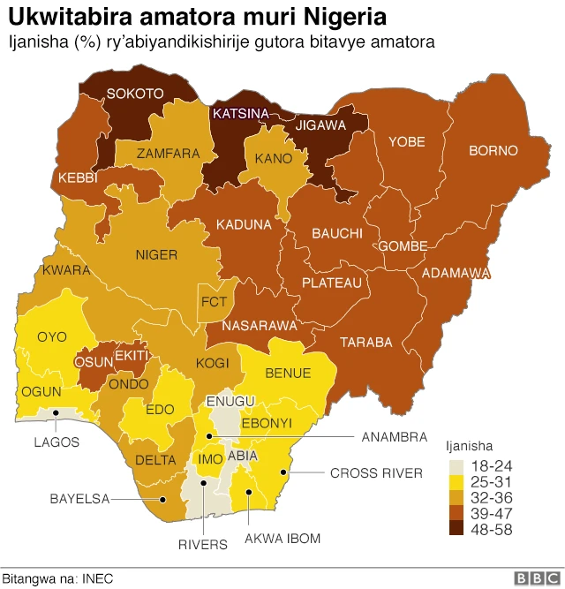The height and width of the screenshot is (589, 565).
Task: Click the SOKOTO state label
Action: click(x=135, y=93)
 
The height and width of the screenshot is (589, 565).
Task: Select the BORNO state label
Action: click(x=493, y=150)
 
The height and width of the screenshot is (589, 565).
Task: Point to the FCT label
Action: click(x=215, y=302)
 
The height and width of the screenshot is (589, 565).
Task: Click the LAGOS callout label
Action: click(x=57, y=442)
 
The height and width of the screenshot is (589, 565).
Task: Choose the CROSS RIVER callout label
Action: click(x=376, y=473)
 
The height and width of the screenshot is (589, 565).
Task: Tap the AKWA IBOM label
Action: click(x=282, y=538)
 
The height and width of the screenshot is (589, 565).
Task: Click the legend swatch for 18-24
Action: click(x=456, y=464)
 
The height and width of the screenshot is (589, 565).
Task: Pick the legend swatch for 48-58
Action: click(x=456, y=528)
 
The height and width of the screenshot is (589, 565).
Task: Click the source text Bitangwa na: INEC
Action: click(x=57, y=578)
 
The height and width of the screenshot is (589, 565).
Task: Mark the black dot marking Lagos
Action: click(x=57, y=412)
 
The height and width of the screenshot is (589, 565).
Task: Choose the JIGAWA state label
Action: click(x=320, y=125)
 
